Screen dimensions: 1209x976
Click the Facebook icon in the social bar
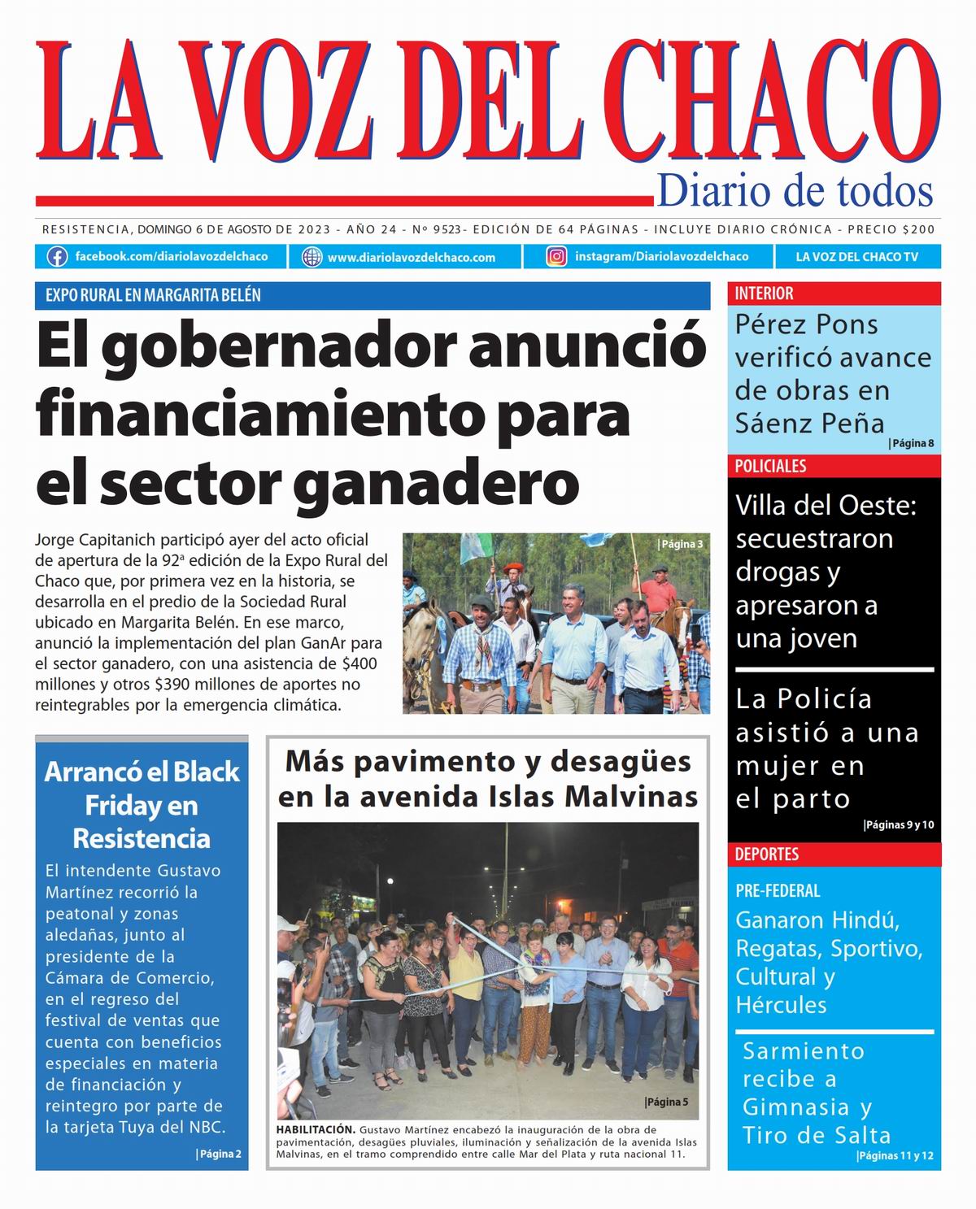click(x=57, y=257)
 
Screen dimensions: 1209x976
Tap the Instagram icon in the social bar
click(x=556, y=257)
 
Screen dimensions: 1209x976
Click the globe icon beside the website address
click(x=312, y=258)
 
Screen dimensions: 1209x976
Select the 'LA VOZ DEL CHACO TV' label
click(x=856, y=257)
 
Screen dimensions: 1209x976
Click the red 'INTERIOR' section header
click(x=765, y=294)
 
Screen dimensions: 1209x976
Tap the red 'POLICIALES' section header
click(x=770, y=466)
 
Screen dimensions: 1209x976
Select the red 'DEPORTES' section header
click(x=767, y=855)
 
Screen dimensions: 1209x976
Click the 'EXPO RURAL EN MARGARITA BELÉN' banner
click(x=153, y=295)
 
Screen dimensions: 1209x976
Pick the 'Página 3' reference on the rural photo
click(x=681, y=544)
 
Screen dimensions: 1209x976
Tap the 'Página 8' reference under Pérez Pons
click(x=912, y=443)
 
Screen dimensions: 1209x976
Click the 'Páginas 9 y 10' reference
click(x=899, y=825)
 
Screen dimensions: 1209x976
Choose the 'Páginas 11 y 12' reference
click(x=895, y=1156)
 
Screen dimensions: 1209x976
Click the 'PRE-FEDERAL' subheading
click(x=778, y=891)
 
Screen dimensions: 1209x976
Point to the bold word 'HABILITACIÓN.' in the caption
click(x=316, y=1129)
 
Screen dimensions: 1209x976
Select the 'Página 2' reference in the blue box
click(x=220, y=1153)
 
